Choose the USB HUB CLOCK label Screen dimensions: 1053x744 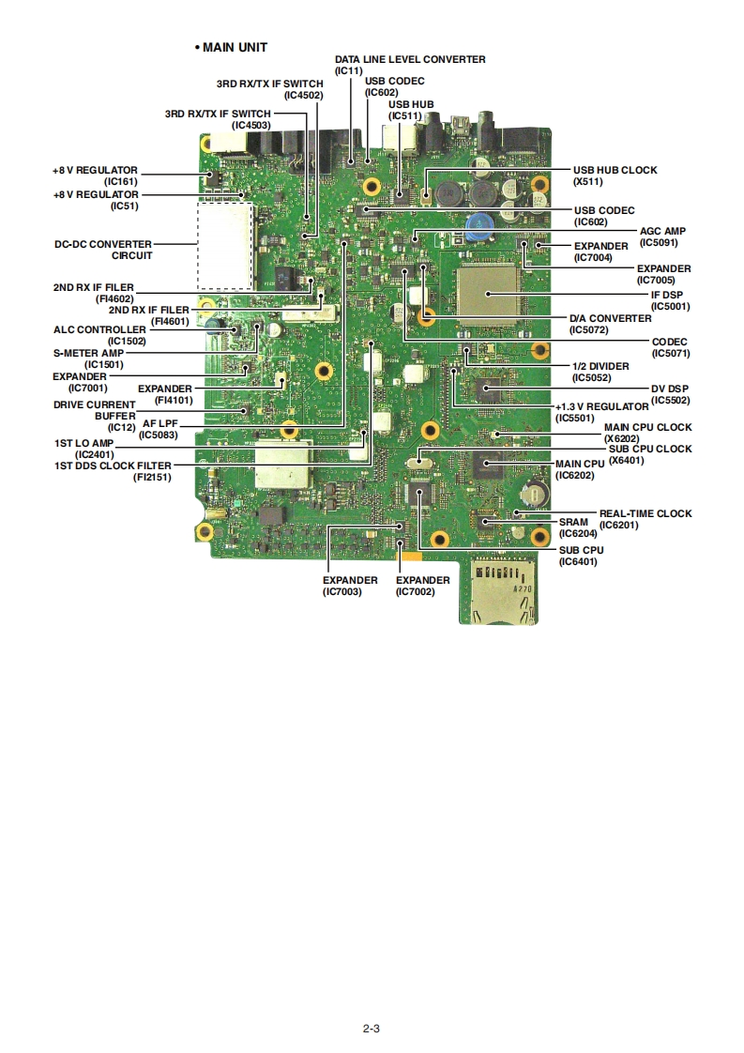[x=615, y=170]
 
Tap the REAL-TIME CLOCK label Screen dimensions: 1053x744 [x=645, y=513]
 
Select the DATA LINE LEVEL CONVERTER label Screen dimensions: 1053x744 [x=410, y=59]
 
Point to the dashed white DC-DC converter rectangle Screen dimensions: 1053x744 [x=224, y=245]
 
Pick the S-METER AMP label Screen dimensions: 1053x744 [x=88, y=353]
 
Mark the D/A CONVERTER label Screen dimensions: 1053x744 [x=610, y=318]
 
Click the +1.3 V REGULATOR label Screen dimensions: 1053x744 [x=601, y=406]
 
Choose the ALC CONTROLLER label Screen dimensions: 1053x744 [x=99, y=329]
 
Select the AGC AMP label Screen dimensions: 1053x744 [x=662, y=231]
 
